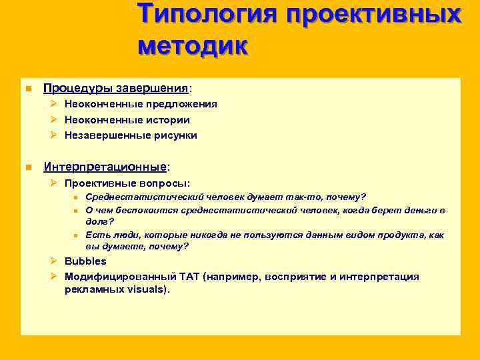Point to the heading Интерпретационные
pos(105,166)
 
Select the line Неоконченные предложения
pos(140,105)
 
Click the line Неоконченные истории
pos(127,120)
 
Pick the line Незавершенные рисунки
pos(131,135)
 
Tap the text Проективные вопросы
pos(127,183)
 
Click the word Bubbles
pos(85,261)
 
